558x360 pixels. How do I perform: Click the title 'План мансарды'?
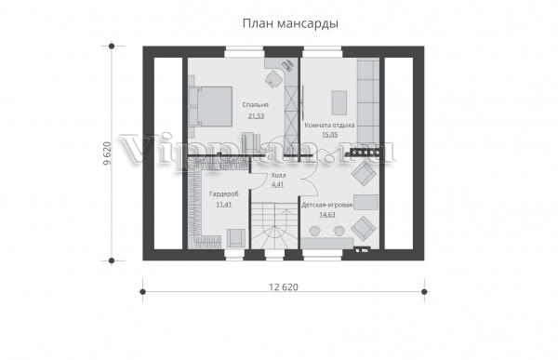290,24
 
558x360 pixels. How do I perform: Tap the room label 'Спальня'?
255,105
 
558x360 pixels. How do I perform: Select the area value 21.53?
257,115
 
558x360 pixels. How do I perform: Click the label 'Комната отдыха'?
329,125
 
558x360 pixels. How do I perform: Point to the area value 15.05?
330,135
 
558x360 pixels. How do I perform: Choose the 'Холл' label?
278,175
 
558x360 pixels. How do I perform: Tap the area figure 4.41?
277,184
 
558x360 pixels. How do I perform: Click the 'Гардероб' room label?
223,194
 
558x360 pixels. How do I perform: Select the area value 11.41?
224,205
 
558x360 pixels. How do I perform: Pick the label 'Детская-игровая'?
327,205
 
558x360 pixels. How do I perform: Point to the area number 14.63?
327,214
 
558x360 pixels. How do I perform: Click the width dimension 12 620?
284,287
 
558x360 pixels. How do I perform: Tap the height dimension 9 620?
107,153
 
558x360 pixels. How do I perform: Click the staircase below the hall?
274,226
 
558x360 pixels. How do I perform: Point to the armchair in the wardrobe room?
236,237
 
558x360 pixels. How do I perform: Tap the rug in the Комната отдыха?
339,102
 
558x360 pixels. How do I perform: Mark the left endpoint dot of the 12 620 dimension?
142,292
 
